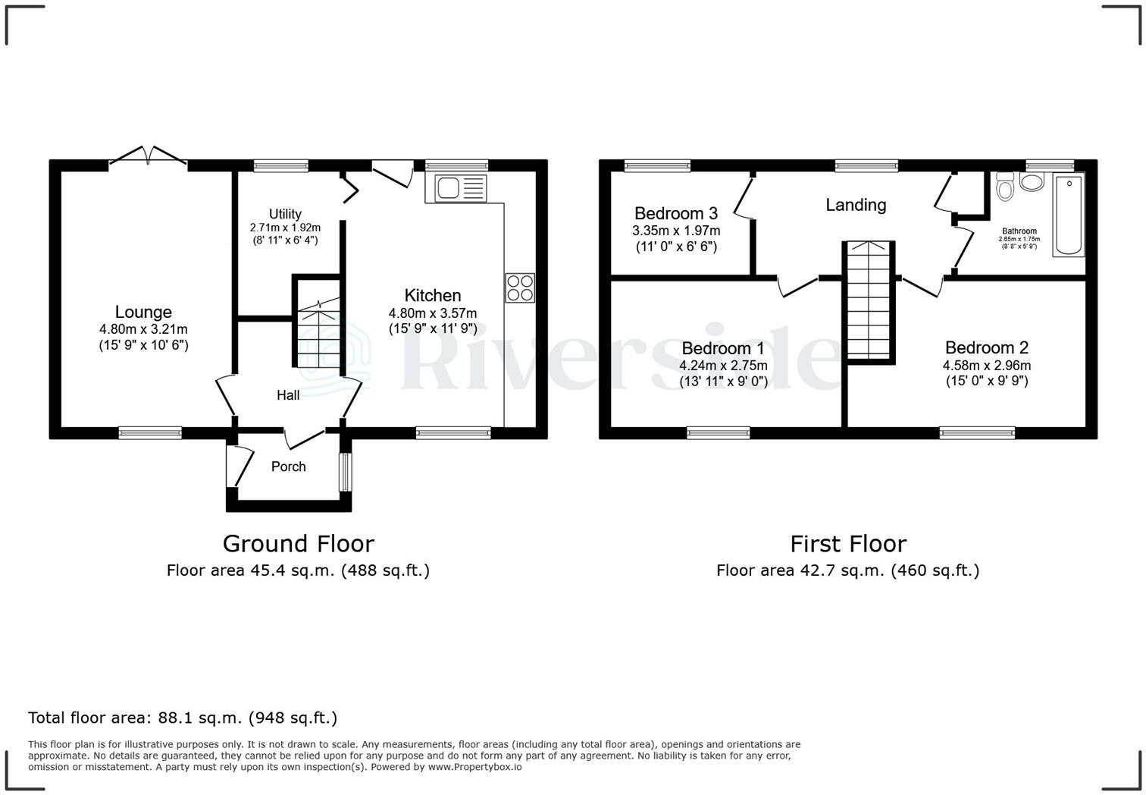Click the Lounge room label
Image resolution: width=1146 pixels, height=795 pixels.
click(x=143, y=312)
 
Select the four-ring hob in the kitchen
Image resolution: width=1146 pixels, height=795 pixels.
click(x=520, y=288)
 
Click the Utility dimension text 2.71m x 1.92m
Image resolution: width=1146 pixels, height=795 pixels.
click(x=285, y=228)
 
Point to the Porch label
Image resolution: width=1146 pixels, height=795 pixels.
click(x=289, y=467)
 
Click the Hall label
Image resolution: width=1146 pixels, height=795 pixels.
click(x=288, y=395)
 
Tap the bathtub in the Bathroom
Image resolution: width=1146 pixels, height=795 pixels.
click(x=1069, y=215)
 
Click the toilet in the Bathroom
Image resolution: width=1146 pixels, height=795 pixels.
click(x=1005, y=187)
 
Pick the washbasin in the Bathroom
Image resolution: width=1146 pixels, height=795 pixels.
click(x=1031, y=181)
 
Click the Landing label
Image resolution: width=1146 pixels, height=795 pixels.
click(x=856, y=205)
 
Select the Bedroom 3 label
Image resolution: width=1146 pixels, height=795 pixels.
click(x=676, y=213)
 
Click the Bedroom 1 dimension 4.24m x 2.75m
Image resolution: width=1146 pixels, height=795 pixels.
click(x=723, y=366)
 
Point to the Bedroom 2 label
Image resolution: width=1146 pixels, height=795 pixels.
click(x=986, y=347)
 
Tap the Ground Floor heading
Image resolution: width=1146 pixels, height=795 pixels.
click(x=298, y=544)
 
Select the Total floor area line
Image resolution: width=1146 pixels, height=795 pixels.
click(x=183, y=718)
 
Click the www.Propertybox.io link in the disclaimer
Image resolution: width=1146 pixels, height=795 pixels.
click(x=474, y=767)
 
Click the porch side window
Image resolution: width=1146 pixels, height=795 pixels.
click(x=345, y=472)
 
